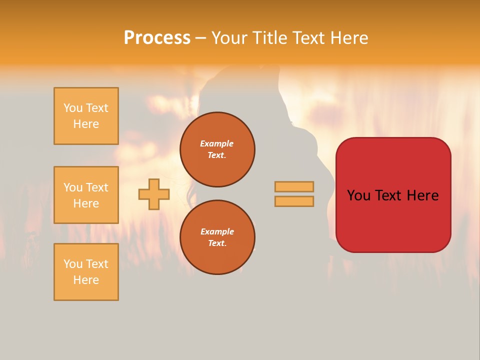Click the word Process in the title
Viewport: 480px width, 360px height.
pyautogui.click(x=157, y=38)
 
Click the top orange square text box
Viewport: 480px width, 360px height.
pyautogui.click(x=86, y=116)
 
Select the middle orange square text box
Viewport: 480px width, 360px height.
pyautogui.click(x=86, y=195)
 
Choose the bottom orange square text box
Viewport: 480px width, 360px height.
pyautogui.click(x=86, y=272)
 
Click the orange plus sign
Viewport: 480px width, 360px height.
pyautogui.click(x=154, y=194)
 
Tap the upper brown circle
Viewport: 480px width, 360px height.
pyautogui.click(x=217, y=149)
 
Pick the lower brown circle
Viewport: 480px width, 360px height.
pyautogui.click(x=217, y=237)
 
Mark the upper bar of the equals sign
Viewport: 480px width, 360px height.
pyautogui.click(x=294, y=186)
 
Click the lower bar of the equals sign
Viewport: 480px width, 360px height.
pyautogui.click(x=294, y=201)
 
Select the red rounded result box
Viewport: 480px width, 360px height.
pyautogui.click(x=393, y=195)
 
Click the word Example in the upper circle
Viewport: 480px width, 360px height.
pyautogui.click(x=217, y=143)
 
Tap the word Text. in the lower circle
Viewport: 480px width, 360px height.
pyautogui.click(x=217, y=243)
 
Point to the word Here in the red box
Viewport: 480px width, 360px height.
pyautogui.click(x=422, y=195)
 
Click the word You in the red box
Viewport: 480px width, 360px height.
pyautogui.click(x=359, y=195)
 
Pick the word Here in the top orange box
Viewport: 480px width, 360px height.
pyautogui.click(x=86, y=124)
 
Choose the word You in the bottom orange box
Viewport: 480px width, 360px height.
pyautogui.click(x=73, y=264)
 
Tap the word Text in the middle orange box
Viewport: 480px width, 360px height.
pyautogui.click(x=96, y=187)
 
